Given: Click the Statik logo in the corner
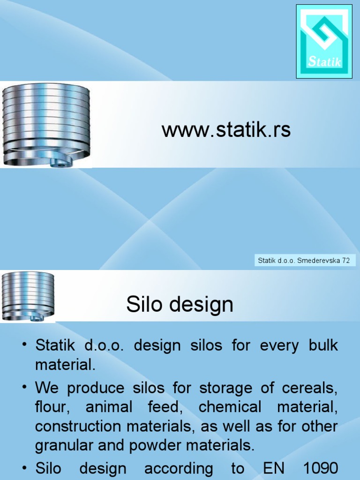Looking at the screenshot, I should point(324,41).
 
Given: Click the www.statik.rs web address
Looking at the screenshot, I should point(226,130).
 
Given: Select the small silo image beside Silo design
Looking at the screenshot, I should point(28,296).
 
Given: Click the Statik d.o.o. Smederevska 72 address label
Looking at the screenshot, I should point(304,260).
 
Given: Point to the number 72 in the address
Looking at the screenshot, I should point(345,260).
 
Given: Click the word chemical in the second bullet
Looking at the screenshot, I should point(230,407).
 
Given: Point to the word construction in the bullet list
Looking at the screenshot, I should point(74,426).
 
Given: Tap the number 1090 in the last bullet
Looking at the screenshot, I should point(319,468).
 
